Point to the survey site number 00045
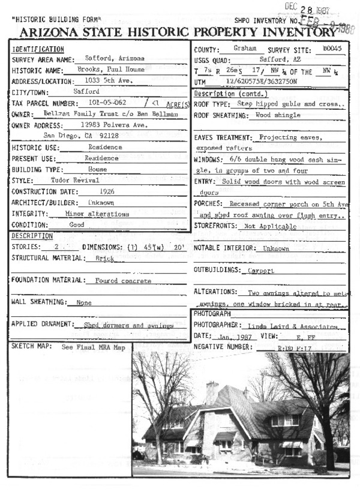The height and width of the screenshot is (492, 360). [x=331, y=49]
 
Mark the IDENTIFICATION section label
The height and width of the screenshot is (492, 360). [x=38, y=49]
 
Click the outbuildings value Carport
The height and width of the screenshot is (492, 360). [x=261, y=271]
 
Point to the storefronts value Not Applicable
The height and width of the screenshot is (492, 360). [x=270, y=226]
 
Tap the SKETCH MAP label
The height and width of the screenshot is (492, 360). [x=31, y=347]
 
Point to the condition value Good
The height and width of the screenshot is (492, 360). [x=77, y=224]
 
